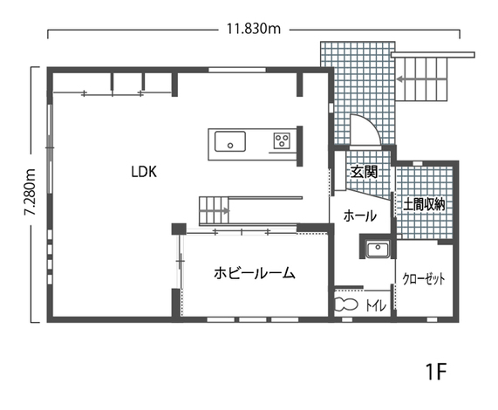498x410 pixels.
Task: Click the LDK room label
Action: (144, 172)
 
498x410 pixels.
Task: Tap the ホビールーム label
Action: (255, 273)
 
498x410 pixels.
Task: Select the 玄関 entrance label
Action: (364, 172)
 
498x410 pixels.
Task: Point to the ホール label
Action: (360, 216)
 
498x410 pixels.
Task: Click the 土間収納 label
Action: (424, 204)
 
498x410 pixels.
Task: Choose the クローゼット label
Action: (424, 279)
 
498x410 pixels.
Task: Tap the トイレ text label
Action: (376, 305)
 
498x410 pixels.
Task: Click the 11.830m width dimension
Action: (254, 29)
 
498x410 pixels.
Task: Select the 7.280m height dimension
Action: (31, 192)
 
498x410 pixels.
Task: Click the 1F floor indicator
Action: (436, 372)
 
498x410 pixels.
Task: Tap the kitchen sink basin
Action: (230, 141)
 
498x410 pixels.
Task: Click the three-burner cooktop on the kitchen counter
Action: (282, 140)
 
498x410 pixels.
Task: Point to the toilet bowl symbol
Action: (346, 304)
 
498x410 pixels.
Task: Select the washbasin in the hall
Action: (378, 249)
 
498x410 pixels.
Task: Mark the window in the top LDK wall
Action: (237, 70)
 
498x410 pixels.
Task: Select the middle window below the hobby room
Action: (253, 319)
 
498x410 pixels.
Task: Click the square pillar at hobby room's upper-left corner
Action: (179, 229)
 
